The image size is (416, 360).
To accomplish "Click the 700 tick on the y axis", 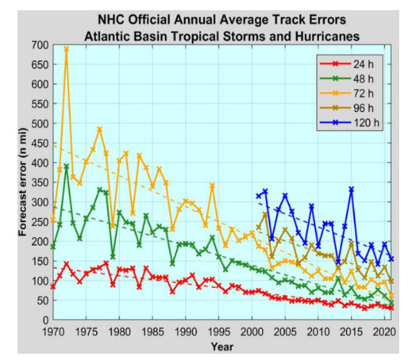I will [38, 45].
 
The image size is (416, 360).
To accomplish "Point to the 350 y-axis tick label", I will [38, 182].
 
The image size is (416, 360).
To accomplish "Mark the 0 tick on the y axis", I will [44, 320].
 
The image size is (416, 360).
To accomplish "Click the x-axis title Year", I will [222, 347].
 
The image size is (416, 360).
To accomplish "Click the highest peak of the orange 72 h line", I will [67, 48].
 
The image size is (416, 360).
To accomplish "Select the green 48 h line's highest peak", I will [67, 167].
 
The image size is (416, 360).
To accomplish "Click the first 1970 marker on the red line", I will [53, 286].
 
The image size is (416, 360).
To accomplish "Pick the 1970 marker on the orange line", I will [53, 220].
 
